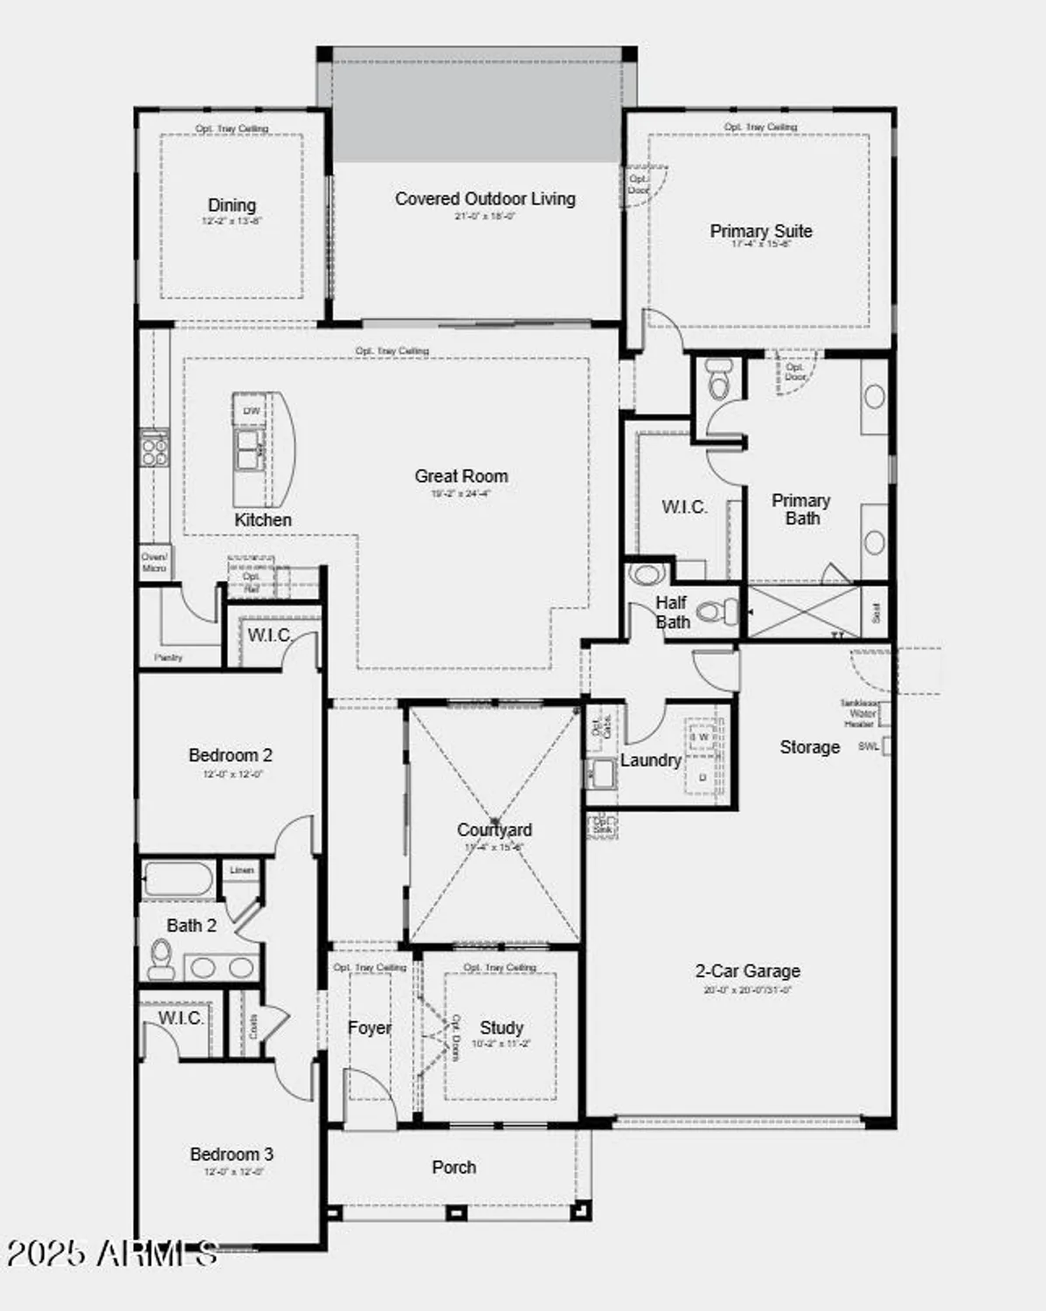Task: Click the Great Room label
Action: pos(461,476)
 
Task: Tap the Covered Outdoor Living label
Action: pos(485,199)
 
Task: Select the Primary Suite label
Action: pos(760,232)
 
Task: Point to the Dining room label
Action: pos(232,205)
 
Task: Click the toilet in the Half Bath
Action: pos(718,611)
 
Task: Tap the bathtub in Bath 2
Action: pos(177,879)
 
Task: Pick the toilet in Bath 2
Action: pos(161,958)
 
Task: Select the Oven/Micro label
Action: pos(154,562)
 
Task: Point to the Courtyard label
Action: pos(494,829)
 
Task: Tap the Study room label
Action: pos(502,1028)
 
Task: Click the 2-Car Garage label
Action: pos(747,971)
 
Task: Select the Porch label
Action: pos(454,1168)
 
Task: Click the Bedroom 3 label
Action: pos(232,1155)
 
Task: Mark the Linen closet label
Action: pos(242,871)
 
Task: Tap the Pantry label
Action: pos(169,657)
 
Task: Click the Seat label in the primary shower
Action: pos(876,612)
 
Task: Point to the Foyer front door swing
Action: pos(371,1097)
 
